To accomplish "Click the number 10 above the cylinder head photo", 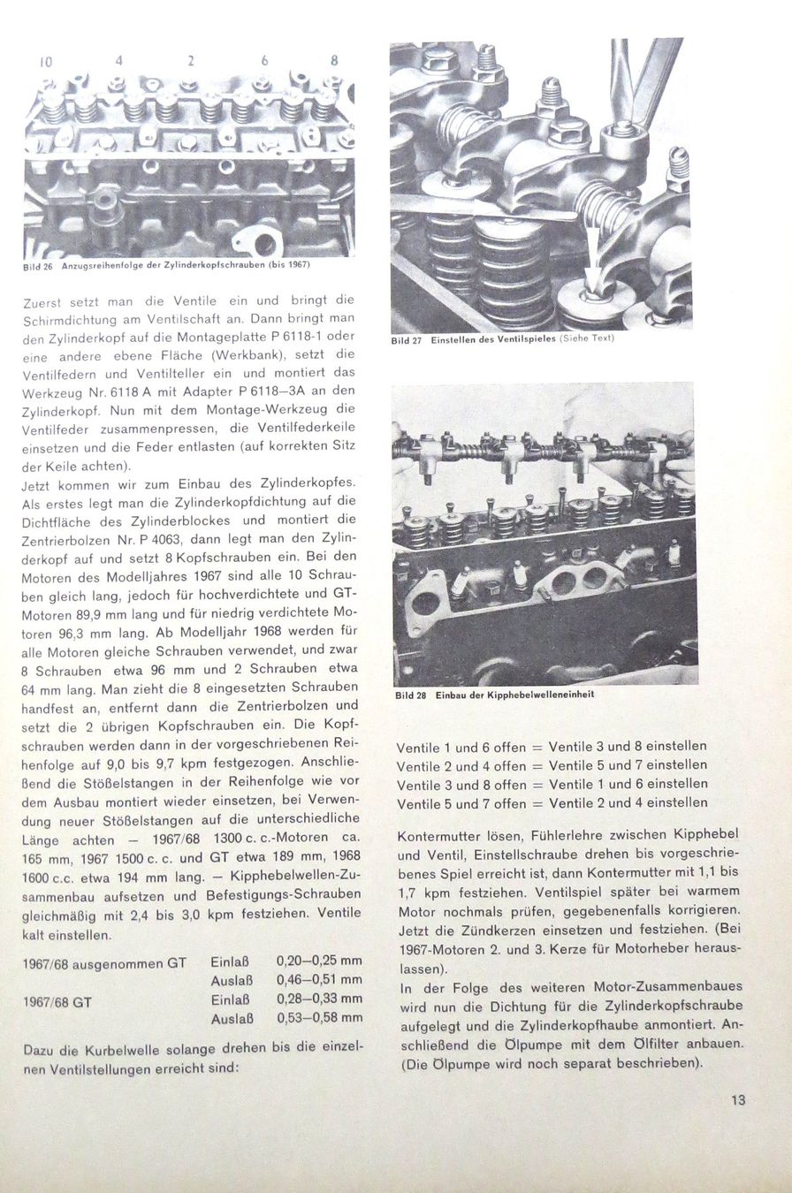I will tap(47, 61).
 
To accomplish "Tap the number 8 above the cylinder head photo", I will tap(334, 61).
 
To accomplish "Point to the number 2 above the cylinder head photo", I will tap(190, 61).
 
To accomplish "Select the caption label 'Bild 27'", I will tap(406, 340).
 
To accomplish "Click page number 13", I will tap(738, 1100).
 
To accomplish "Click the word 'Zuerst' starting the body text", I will tap(47, 302).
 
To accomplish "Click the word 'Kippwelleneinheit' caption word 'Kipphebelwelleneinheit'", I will tap(540, 695).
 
